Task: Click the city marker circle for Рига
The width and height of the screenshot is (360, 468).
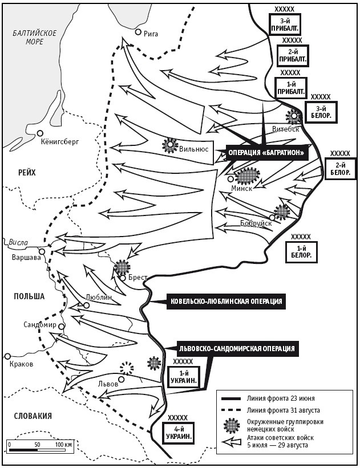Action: point(137,32)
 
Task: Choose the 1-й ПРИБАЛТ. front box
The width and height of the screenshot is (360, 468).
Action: point(290,87)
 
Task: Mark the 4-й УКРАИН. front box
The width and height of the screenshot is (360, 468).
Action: point(179,434)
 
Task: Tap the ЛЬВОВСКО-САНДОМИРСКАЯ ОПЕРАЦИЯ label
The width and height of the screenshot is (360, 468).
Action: point(237,348)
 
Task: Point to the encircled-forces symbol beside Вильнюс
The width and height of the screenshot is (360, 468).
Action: point(170,145)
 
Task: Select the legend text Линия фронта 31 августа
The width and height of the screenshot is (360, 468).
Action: point(283,409)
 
